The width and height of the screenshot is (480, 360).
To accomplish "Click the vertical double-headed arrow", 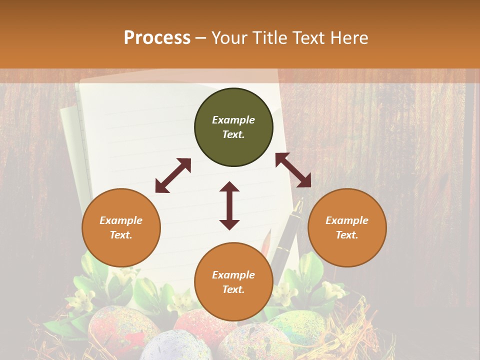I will [x=229, y=205].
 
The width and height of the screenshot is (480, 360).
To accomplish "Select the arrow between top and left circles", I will [x=173, y=175].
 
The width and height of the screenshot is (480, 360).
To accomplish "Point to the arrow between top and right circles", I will [x=293, y=170].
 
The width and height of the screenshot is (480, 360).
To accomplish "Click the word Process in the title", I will [x=157, y=38].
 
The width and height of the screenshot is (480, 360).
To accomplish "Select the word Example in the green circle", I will [x=233, y=120].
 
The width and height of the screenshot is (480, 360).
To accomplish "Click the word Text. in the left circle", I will [x=121, y=235].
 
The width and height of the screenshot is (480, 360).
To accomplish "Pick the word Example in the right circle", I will [x=347, y=220].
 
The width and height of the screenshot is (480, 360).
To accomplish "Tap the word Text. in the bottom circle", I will [x=233, y=289].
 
